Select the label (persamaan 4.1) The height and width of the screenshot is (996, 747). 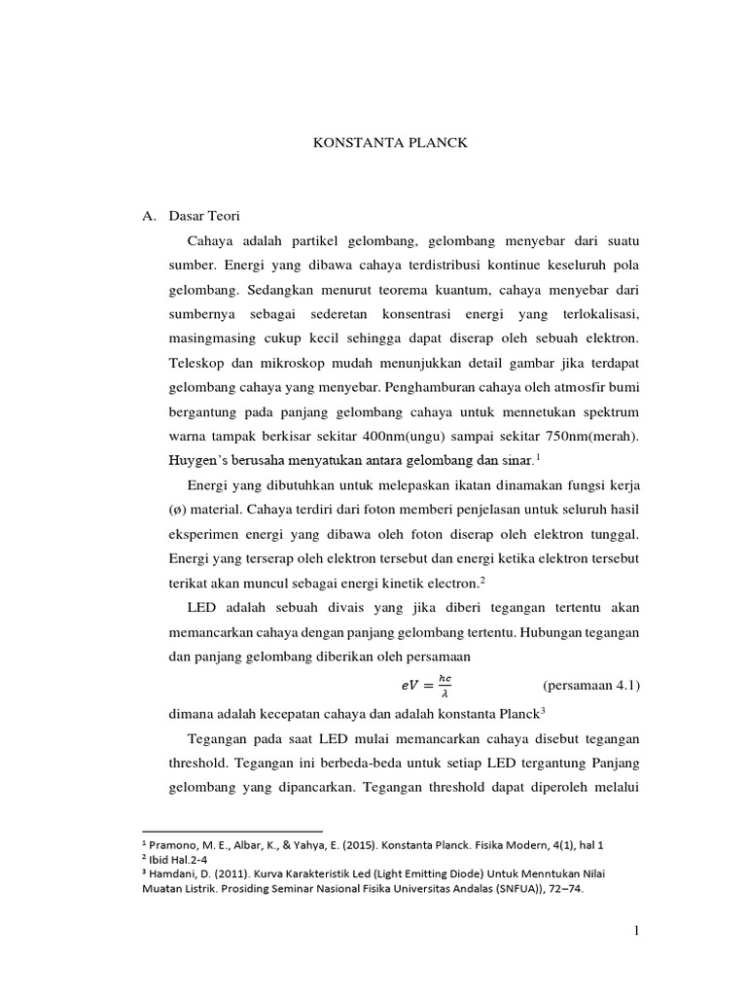coord(590,686)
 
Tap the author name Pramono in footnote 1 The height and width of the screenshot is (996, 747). coord(176,845)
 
